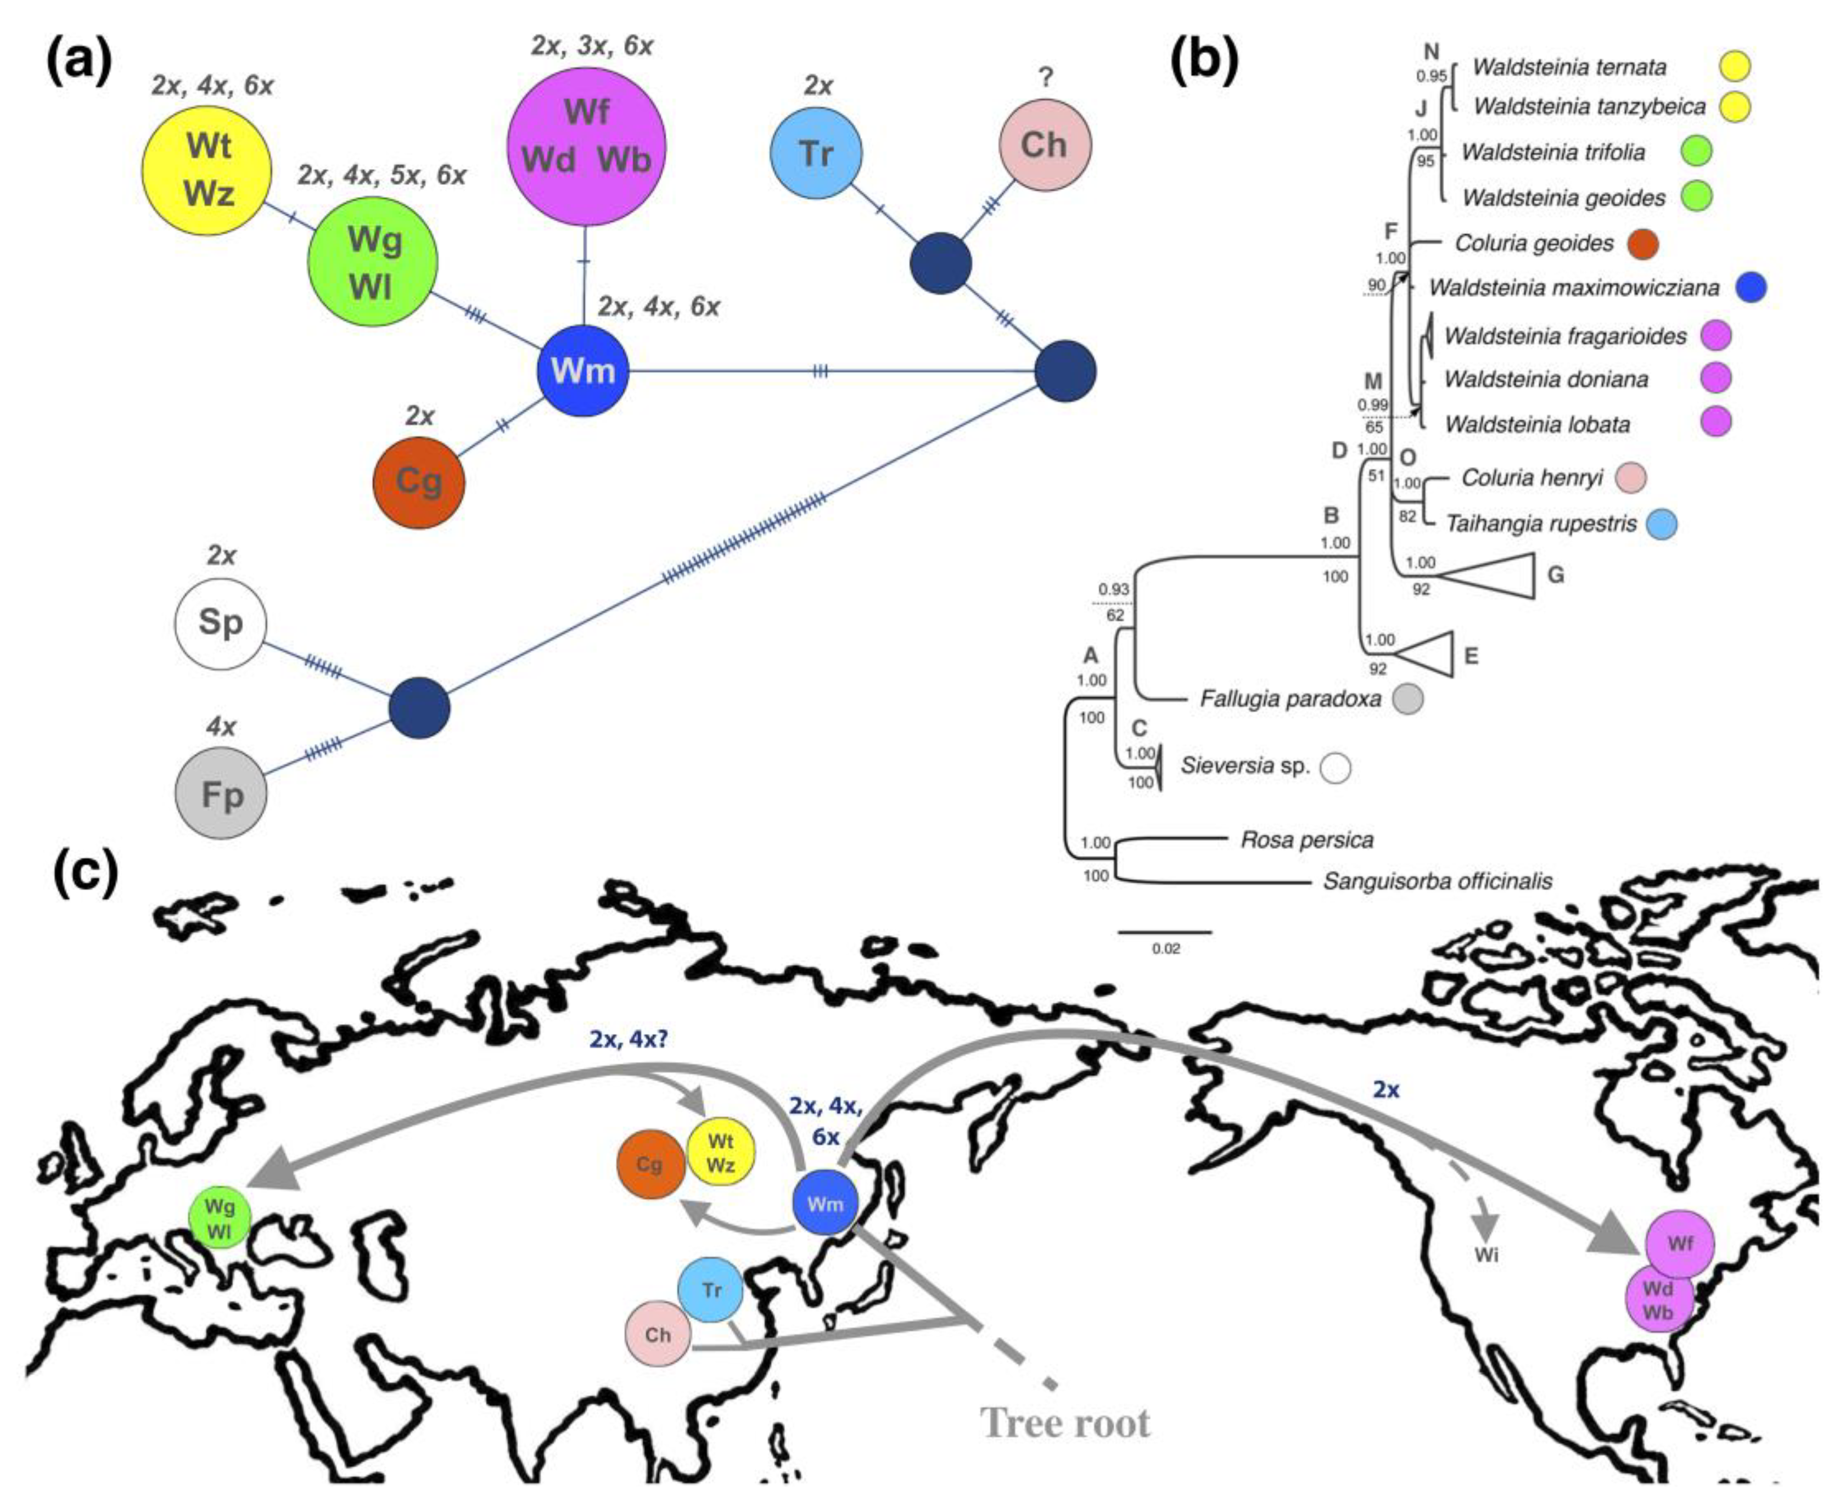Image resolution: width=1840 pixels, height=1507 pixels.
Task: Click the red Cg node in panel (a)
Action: point(418,482)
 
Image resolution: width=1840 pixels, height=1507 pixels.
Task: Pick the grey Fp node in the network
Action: point(221,794)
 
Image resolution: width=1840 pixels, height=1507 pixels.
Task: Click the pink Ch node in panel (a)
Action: point(1045,145)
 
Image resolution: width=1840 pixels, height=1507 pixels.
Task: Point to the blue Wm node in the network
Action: point(582,370)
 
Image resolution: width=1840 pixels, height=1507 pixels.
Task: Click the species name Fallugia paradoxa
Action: point(1289,699)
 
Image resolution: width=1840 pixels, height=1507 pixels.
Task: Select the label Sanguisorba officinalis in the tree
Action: point(1437,882)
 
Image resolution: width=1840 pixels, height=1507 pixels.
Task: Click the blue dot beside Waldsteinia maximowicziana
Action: point(1752,288)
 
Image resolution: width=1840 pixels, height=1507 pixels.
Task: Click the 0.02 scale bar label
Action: point(1165,949)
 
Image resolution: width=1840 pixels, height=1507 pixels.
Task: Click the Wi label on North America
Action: point(1486,1255)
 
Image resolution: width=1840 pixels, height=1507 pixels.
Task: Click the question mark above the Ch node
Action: point(1046,78)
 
